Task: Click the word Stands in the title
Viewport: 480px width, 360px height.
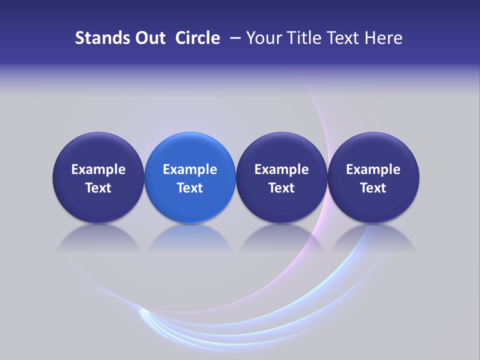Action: (x=98, y=38)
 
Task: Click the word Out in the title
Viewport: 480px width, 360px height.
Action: (x=149, y=38)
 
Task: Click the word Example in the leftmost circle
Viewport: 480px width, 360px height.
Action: (x=98, y=169)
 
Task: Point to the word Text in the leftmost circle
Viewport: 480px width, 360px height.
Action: (x=98, y=188)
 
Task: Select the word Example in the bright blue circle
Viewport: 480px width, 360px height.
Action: (x=190, y=169)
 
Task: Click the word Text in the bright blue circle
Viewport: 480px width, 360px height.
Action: (x=190, y=188)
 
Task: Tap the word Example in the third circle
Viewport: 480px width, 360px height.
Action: (x=281, y=169)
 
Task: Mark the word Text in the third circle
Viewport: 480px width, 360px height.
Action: (x=281, y=188)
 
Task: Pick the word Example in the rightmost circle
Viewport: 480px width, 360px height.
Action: (x=373, y=169)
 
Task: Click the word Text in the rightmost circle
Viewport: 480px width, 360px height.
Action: (x=373, y=188)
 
